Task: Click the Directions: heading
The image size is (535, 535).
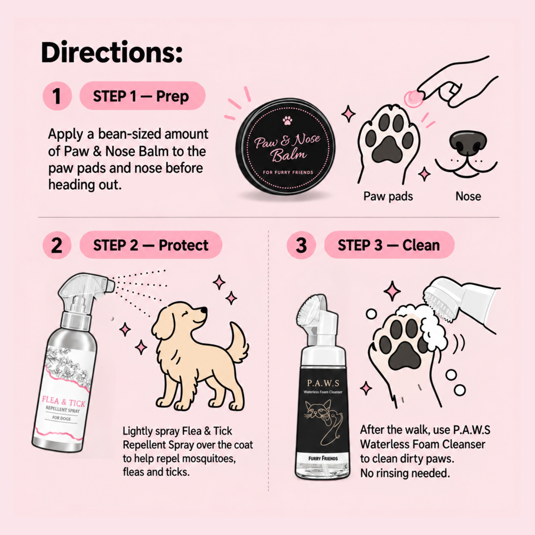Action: [x=112, y=53]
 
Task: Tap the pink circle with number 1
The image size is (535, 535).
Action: [x=57, y=96]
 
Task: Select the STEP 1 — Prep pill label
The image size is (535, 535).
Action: [x=142, y=96]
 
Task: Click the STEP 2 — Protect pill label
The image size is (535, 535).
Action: [x=151, y=245]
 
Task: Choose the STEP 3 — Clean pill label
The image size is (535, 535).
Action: [x=389, y=245]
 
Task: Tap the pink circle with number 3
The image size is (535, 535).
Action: [x=301, y=245]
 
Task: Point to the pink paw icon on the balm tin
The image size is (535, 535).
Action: [x=287, y=120]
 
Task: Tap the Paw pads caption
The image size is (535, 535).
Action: [x=388, y=196]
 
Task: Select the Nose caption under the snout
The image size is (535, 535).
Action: [x=468, y=196]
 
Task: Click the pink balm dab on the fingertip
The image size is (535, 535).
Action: [x=413, y=98]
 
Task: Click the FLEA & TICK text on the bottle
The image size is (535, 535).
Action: [x=64, y=401]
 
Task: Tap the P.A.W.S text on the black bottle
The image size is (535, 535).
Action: [x=323, y=383]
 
